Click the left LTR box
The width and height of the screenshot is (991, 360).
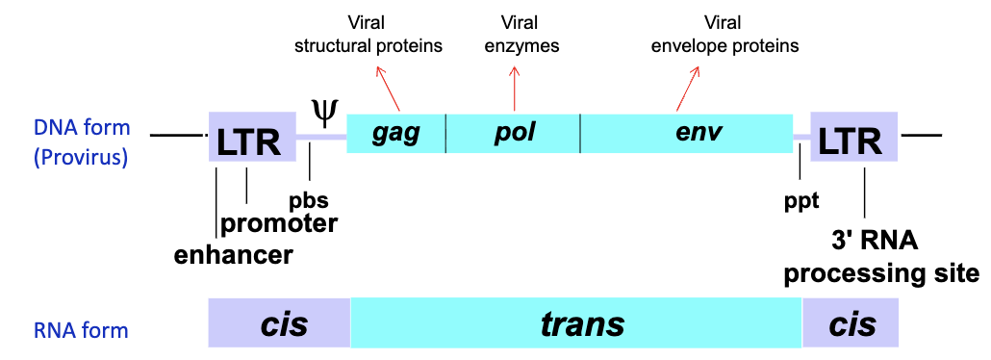pos(248,141)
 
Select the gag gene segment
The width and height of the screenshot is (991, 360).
pos(396,133)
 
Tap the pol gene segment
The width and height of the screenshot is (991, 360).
pos(514,133)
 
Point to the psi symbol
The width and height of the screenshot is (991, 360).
pos(325,111)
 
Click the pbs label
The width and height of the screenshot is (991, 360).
pos(309,200)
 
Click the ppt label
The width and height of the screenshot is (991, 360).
pos(800,200)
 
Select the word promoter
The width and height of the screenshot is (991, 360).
pos(279,223)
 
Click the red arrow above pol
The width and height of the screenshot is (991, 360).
pos(514,87)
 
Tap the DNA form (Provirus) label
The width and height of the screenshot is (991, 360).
pos(81,142)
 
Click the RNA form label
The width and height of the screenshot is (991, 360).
pos(81,330)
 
